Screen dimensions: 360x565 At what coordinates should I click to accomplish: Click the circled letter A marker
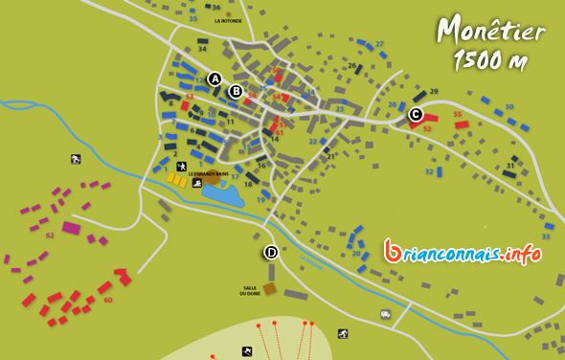(x=215, y=79)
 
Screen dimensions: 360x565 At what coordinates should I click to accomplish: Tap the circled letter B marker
(x=236, y=92)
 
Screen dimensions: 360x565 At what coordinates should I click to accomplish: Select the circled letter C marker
(x=415, y=115)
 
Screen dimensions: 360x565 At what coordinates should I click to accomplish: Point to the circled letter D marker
(x=271, y=253)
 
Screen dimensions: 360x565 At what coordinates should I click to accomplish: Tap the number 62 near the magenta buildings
(x=49, y=234)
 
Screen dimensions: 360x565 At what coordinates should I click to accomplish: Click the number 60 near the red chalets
(x=107, y=301)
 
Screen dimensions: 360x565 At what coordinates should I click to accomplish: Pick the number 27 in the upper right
(x=379, y=44)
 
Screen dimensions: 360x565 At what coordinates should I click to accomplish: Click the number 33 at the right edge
(x=547, y=236)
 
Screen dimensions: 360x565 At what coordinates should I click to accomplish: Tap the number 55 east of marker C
(x=458, y=114)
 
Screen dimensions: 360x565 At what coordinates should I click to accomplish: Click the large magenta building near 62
(x=71, y=228)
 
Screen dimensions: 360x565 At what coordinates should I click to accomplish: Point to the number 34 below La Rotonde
(x=202, y=48)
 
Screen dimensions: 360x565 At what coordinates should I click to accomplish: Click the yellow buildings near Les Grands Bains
(x=177, y=177)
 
